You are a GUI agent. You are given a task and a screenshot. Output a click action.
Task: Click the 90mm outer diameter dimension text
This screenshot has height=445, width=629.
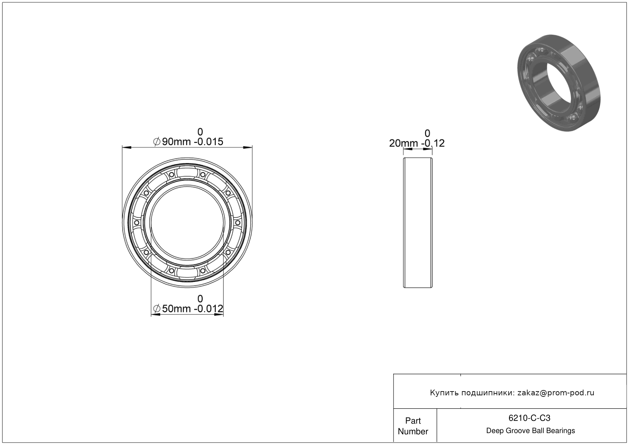click(x=176, y=142)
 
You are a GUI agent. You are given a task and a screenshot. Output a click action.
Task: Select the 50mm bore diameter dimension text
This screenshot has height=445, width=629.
click(x=176, y=309)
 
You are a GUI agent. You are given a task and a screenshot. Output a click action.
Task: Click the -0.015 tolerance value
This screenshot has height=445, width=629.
click(x=209, y=142)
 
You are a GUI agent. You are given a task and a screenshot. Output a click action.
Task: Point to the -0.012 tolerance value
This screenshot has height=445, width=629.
click(x=209, y=309)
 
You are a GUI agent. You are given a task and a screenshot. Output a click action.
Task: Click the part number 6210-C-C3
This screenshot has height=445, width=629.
click(x=529, y=418)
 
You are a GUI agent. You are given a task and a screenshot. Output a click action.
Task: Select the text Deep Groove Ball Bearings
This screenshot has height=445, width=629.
click(x=530, y=431)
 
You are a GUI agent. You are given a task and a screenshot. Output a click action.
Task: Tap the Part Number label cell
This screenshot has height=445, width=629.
click(x=413, y=426)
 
